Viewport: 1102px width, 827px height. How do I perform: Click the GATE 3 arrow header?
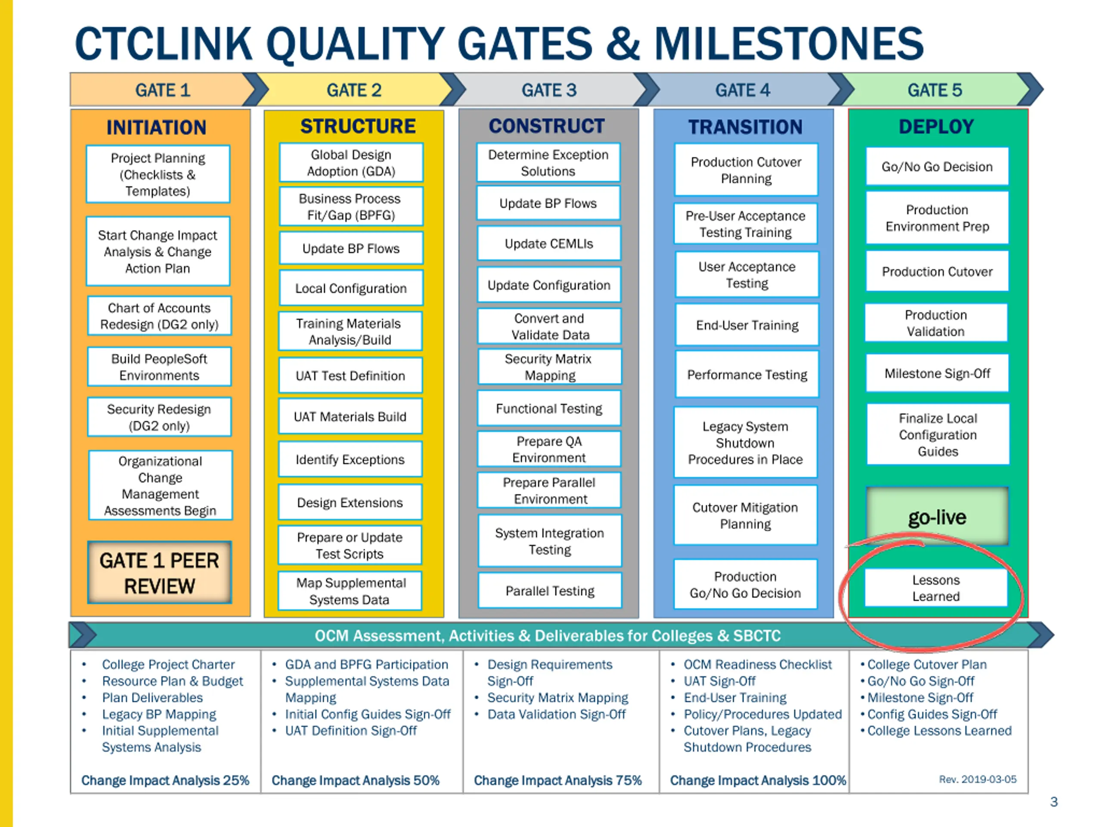tap(548, 90)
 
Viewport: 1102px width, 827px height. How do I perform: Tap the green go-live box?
tap(937, 517)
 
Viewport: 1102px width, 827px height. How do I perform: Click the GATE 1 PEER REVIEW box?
tap(159, 573)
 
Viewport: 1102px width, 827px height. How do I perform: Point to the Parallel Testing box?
tap(550, 591)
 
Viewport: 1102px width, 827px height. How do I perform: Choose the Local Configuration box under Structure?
tap(351, 288)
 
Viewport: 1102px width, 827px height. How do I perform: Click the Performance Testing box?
tap(747, 374)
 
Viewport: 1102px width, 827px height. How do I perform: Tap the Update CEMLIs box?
tap(548, 244)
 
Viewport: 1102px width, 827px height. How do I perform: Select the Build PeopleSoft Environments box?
tap(159, 367)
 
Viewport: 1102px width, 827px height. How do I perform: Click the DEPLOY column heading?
tap(936, 127)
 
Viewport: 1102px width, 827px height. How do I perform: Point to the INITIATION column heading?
tap(156, 127)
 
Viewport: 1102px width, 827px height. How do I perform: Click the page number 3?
tap(1054, 802)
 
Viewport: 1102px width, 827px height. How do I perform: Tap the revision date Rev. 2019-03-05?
tap(978, 779)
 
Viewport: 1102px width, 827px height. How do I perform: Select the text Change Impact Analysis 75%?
tap(557, 780)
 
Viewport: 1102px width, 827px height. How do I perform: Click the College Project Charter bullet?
tap(168, 665)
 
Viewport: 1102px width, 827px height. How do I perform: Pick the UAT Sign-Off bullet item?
tap(719, 681)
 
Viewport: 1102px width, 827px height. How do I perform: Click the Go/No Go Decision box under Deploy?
tap(937, 167)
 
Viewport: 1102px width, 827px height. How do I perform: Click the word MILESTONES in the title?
tap(789, 44)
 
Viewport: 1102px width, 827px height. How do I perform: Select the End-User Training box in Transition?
tap(747, 325)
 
